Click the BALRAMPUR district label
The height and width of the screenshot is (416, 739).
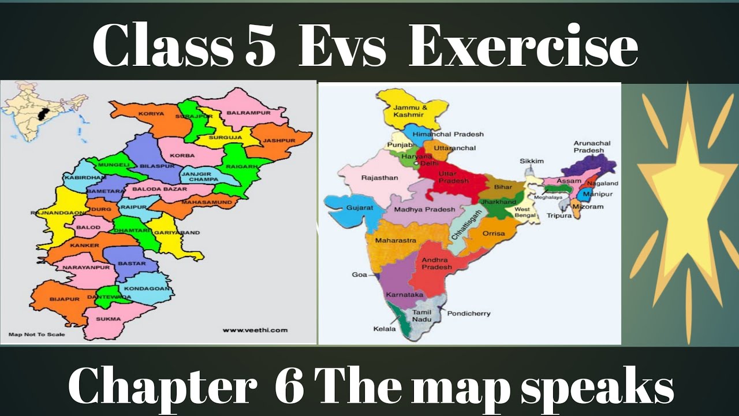pyautogui.click(x=248, y=113)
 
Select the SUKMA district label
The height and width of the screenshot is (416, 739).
pyautogui.click(x=109, y=318)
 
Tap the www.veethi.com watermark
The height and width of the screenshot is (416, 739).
pyautogui.click(x=255, y=330)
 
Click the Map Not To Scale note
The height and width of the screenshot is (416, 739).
pyautogui.click(x=37, y=335)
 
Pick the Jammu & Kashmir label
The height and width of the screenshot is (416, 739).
pyautogui.click(x=410, y=111)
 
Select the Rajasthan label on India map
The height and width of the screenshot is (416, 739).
pyautogui.click(x=379, y=178)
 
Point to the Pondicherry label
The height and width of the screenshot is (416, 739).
pyautogui.click(x=469, y=313)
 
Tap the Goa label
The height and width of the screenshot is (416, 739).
pyautogui.click(x=359, y=274)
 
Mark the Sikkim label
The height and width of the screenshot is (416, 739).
pyautogui.click(x=532, y=161)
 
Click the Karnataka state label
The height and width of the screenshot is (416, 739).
pyautogui.click(x=404, y=295)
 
